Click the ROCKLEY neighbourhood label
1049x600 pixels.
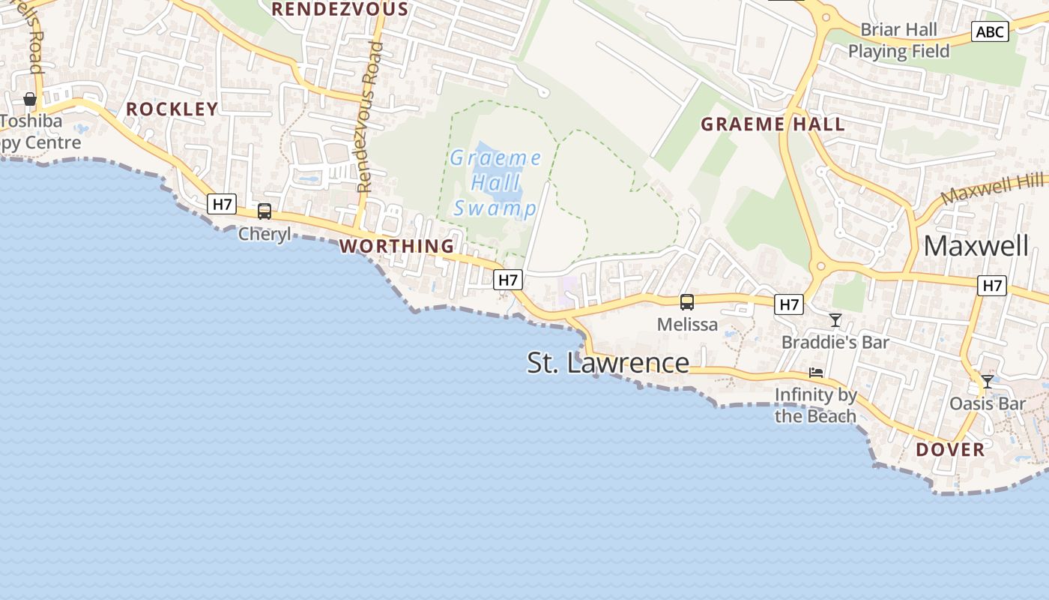(x=172, y=109)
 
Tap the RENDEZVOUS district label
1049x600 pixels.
(x=340, y=9)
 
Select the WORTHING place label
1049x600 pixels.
(x=397, y=246)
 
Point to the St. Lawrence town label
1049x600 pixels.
(x=608, y=363)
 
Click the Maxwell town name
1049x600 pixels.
(x=976, y=246)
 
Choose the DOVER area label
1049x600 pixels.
(x=950, y=450)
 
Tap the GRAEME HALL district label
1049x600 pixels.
(x=773, y=124)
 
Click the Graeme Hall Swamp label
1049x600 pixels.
(x=495, y=183)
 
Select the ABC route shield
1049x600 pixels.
(x=990, y=31)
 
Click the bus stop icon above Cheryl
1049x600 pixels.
(x=264, y=211)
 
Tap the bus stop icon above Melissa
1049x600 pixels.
(x=686, y=302)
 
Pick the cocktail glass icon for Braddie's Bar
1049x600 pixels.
(x=835, y=321)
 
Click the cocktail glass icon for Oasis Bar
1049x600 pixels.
(x=988, y=382)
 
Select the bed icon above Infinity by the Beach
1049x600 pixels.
(x=816, y=372)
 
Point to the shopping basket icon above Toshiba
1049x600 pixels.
(x=30, y=99)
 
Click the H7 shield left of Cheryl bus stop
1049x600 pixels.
(x=222, y=203)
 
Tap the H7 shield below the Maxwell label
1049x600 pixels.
(x=992, y=285)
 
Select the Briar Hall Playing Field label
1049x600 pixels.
(x=898, y=40)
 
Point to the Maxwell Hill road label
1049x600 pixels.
(x=993, y=188)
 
